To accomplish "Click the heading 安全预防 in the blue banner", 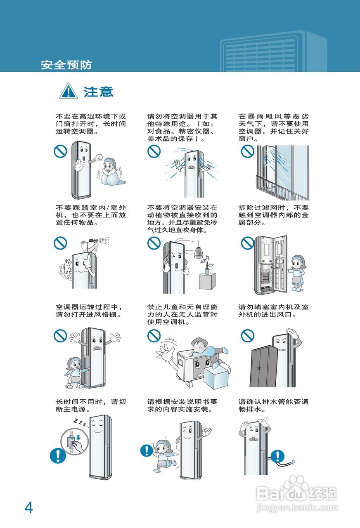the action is pos(66,65).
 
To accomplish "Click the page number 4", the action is pos(28,507).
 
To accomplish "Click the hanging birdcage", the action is pos(199,250).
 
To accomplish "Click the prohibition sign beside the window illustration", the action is pos(247,151).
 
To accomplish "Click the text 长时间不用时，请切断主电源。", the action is pos(91,406).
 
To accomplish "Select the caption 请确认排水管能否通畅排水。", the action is pos(273,406).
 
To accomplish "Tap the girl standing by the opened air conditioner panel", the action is pos(297,272).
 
